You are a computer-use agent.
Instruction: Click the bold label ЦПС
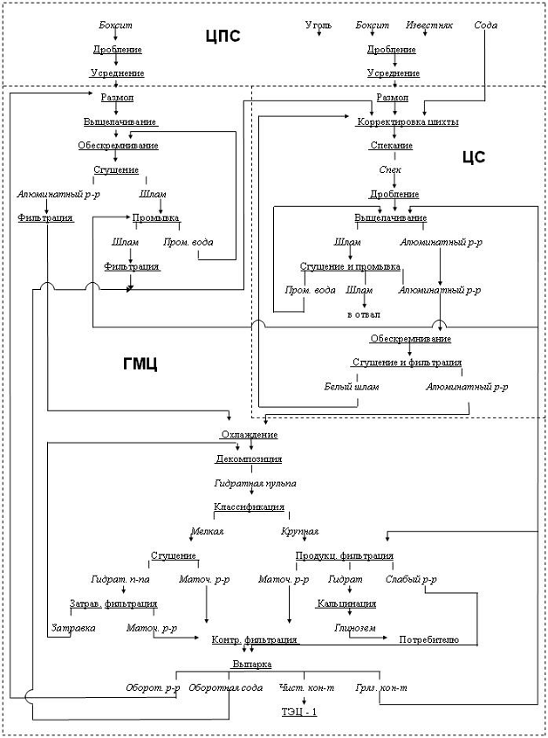223,36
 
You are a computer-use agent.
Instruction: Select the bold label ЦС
473,157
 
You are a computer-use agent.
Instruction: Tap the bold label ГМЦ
140,364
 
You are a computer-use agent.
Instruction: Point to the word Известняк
429,25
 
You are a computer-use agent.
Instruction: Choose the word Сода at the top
486,25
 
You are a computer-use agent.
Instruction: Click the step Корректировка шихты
408,121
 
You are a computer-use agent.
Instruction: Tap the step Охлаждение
249,434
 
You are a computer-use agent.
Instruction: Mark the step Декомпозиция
249,459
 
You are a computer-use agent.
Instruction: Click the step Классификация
249,507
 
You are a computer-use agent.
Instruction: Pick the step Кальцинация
346,604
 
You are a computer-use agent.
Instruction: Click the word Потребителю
429,640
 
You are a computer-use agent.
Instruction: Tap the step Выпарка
251,665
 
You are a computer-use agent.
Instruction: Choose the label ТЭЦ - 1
299,712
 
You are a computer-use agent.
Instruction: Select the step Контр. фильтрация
256,640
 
